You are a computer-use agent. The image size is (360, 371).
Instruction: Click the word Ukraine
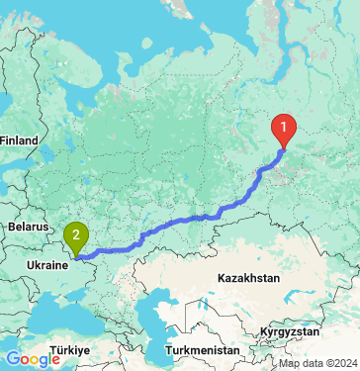[x=46, y=266]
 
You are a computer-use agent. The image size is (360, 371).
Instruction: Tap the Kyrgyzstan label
[x=292, y=330]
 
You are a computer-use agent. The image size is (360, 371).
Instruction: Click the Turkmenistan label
[x=202, y=350]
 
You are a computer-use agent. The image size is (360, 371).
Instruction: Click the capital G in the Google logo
[x=11, y=358]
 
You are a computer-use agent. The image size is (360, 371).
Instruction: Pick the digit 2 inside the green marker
[x=75, y=234]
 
